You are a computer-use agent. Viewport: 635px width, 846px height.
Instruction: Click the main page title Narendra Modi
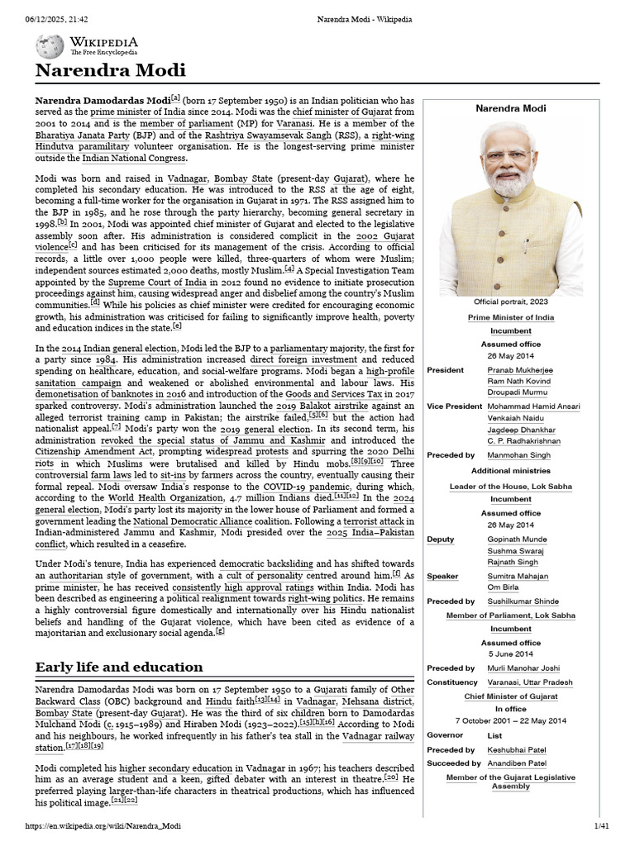pos(111,69)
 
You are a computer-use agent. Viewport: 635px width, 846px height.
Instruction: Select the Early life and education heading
pos(119,666)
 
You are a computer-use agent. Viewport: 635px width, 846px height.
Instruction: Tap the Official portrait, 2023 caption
pos(510,302)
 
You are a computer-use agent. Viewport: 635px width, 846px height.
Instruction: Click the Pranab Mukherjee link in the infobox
pos(520,370)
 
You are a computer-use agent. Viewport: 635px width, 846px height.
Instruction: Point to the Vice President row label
pos(454,406)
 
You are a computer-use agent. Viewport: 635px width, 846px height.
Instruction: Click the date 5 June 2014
pos(510,654)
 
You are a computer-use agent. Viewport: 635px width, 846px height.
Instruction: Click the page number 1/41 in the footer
pos(601,826)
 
